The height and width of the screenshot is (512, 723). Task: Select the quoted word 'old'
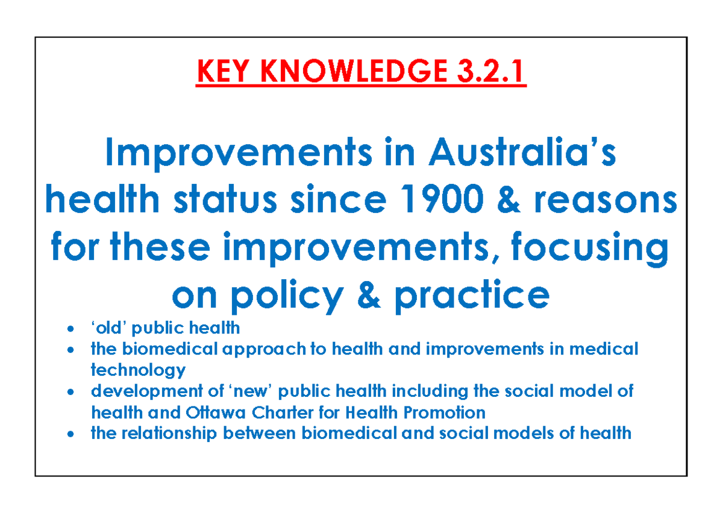tap(109, 328)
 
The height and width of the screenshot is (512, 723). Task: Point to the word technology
tap(138, 369)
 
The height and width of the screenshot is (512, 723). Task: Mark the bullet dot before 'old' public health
tap(72, 329)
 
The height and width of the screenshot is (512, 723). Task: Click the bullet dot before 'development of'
tap(72, 392)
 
